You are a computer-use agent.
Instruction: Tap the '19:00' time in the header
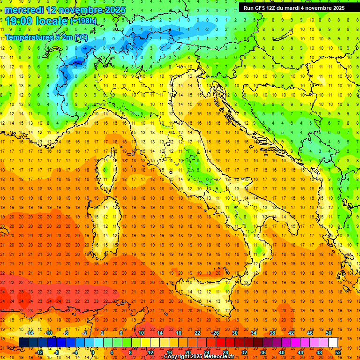click(18, 21)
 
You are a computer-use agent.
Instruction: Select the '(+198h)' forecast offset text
click(83, 21)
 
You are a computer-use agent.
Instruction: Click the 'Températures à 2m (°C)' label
click(46, 37)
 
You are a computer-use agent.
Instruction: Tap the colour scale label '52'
click(338, 352)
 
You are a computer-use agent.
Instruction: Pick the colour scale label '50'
click(329, 333)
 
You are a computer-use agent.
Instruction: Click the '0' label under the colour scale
click(93, 352)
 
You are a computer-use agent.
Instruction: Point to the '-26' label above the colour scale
click(215, 333)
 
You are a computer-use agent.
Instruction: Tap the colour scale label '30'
click(234, 333)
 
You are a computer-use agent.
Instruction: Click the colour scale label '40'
click(281, 352)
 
